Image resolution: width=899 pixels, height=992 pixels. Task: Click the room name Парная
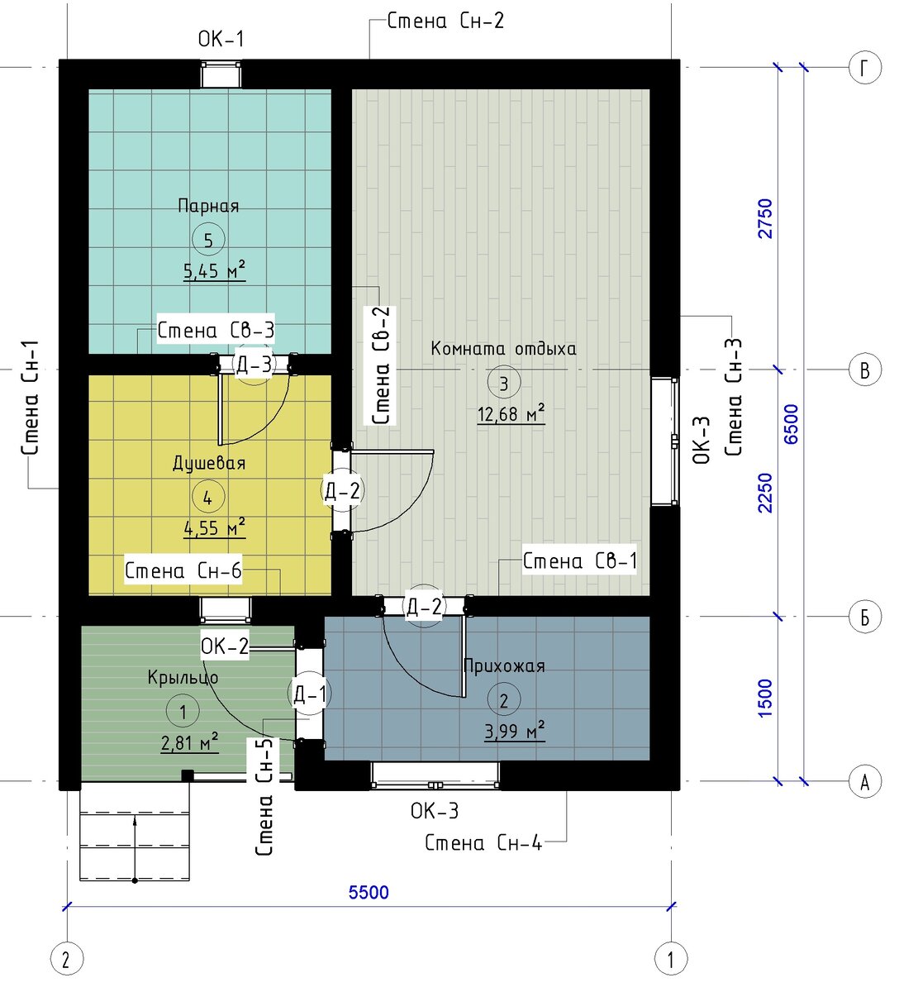click(208, 206)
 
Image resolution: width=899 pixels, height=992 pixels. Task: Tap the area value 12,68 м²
click(511, 413)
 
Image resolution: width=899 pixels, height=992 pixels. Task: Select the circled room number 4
click(208, 497)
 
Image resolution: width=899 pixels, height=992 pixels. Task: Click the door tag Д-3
click(254, 365)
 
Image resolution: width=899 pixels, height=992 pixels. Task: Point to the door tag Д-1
click(310, 694)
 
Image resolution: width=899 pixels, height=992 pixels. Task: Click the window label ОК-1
click(221, 39)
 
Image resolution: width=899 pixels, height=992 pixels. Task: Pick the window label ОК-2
click(225, 646)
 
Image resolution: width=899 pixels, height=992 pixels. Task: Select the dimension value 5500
click(369, 893)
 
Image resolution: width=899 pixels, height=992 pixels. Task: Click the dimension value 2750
click(764, 218)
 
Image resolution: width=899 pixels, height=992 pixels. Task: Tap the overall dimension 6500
click(792, 424)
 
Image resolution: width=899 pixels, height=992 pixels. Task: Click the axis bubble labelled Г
click(865, 67)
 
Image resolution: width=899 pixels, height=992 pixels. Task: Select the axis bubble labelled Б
click(865, 617)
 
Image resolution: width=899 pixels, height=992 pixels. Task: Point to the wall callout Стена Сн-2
click(445, 21)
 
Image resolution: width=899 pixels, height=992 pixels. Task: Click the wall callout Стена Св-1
click(579, 560)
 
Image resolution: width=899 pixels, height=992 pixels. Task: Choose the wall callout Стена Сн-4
click(483, 842)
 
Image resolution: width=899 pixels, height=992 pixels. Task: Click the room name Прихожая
click(504, 666)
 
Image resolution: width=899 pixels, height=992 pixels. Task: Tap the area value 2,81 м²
click(190, 743)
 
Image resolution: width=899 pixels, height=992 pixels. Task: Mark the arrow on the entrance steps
click(135, 849)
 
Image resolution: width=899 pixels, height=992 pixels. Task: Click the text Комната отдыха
click(503, 348)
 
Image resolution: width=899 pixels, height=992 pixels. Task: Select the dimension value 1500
click(764, 699)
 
